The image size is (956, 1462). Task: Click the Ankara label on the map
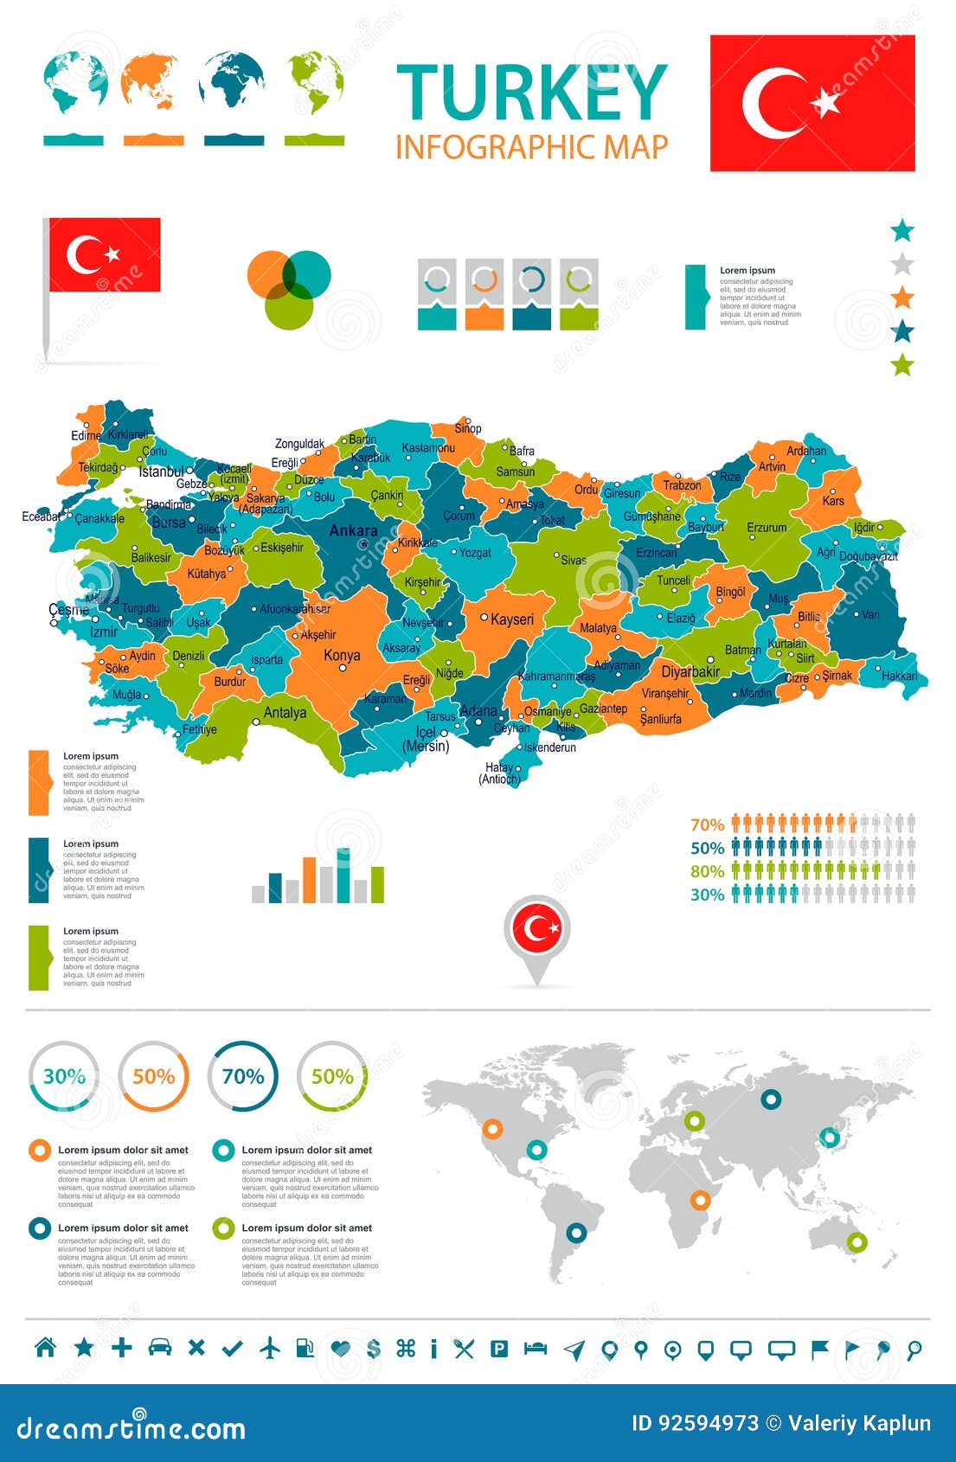point(353,530)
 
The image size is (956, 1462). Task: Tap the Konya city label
point(342,655)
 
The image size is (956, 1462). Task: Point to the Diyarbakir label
point(690,671)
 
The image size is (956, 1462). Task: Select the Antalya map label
point(285,713)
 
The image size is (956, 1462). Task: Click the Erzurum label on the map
point(767,527)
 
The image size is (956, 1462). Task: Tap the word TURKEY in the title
point(531,93)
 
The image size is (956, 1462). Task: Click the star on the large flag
point(825,102)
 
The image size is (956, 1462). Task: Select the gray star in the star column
point(902,264)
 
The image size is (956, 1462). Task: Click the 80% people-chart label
point(707,871)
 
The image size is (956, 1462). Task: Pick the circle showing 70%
point(243,1076)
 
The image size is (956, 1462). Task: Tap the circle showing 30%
point(64,1076)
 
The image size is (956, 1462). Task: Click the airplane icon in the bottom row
point(270,1347)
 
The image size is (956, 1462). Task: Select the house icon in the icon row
point(45,1347)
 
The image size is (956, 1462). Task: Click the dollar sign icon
point(374,1348)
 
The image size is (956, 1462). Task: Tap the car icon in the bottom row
point(160,1347)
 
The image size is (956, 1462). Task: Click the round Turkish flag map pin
point(537,929)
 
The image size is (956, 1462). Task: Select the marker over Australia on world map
point(857,1242)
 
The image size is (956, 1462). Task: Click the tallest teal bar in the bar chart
point(343,875)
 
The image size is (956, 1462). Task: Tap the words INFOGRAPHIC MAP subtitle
point(531,147)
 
